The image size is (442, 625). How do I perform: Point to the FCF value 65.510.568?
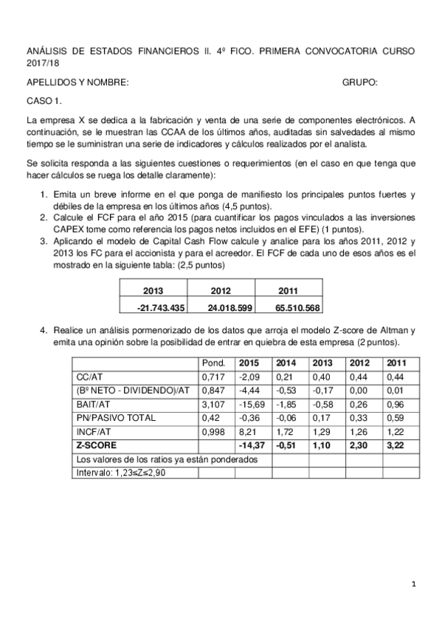pos(291,306)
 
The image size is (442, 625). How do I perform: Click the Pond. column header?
pos(213,363)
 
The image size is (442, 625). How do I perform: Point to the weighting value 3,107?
pos(215,404)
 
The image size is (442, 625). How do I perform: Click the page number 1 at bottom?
pos(414,584)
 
